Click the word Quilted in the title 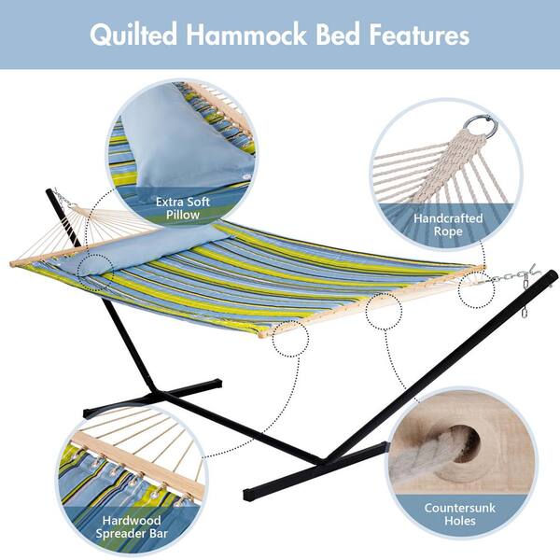133,35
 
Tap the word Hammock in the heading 246,34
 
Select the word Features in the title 420,35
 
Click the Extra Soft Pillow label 183,208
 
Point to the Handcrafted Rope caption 448,225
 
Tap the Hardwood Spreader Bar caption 132,526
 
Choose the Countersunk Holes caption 459,514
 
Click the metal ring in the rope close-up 481,126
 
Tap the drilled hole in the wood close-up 464,441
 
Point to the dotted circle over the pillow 95,273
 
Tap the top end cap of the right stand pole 553,275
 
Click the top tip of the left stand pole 49,191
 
